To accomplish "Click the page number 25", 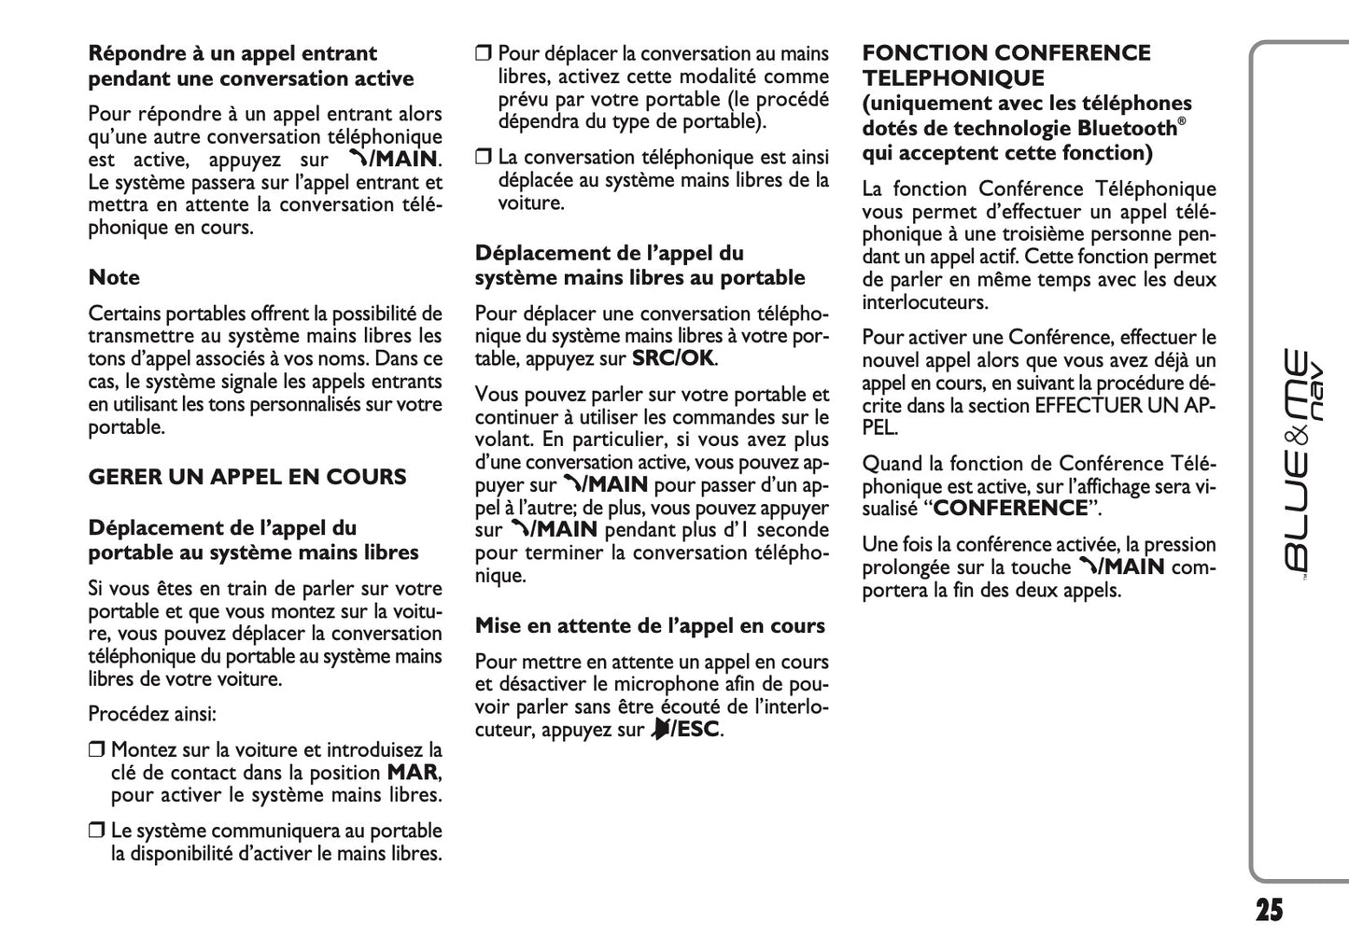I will pos(1268,910).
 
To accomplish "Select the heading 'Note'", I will pos(114,277).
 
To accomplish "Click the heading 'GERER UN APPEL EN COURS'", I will pos(247,477).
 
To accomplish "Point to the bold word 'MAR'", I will pos(412,773).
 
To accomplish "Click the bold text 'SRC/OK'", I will pos(673,358).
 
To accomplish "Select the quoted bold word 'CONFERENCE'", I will pos(1011,509).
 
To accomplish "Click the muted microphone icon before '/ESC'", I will pos(660,730).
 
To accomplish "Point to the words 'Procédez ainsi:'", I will pos(152,715).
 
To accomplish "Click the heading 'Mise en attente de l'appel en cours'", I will pos(650,626).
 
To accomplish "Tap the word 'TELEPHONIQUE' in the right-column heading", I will pos(953,78).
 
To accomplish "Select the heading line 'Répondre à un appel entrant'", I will pos(232,53).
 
